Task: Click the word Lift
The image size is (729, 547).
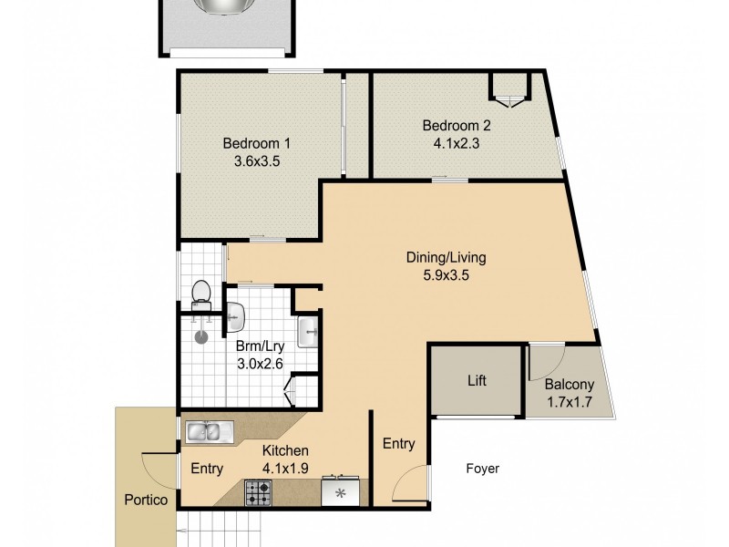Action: [477, 380]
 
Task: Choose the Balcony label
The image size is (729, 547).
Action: [566, 384]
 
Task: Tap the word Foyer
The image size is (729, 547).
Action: [482, 469]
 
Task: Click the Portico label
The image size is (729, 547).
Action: [146, 500]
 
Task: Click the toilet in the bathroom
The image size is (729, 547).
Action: [201, 293]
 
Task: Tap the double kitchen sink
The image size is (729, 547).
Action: [210, 431]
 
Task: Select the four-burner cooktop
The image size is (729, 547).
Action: [258, 492]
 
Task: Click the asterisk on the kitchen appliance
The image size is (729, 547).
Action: [341, 493]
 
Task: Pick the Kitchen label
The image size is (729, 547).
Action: [285, 450]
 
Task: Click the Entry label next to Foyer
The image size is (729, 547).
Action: [398, 444]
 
